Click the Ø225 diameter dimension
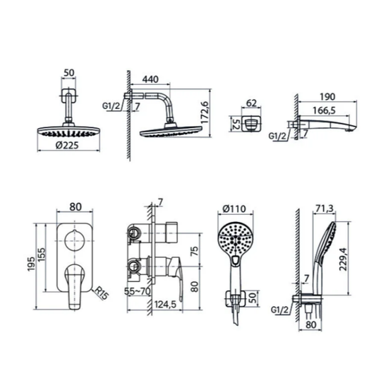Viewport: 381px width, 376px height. [x=67, y=146]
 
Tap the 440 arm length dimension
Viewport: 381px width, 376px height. [x=150, y=79]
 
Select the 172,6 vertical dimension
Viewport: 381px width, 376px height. [x=205, y=112]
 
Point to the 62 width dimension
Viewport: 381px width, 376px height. [x=251, y=103]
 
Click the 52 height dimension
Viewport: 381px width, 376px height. [x=235, y=124]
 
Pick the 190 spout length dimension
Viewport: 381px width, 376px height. [x=327, y=97]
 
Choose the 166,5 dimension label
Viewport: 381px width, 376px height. [x=324, y=110]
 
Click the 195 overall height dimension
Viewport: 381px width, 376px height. [x=32, y=264]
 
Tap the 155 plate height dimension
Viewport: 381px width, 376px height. [x=41, y=254]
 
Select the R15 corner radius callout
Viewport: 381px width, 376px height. [x=101, y=293]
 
